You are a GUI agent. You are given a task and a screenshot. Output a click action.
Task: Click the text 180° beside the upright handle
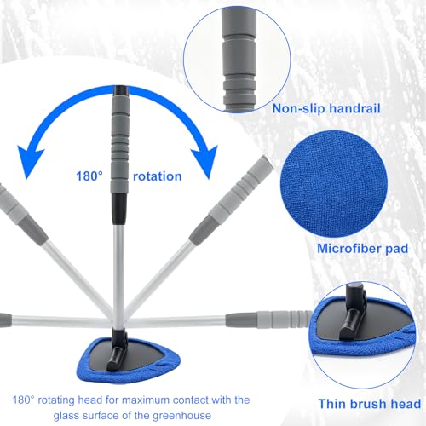click(89, 176)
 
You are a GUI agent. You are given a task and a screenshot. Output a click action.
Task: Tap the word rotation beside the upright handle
click(158, 176)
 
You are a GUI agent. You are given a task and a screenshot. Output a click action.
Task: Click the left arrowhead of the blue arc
click(31, 161)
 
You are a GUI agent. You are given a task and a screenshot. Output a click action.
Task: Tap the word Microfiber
click(349, 249)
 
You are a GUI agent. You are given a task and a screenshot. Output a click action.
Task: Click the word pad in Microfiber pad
click(397, 249)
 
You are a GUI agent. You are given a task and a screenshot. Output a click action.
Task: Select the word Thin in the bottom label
click(332, 404)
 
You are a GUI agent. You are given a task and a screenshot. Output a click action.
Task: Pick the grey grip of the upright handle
click(120, 144)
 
